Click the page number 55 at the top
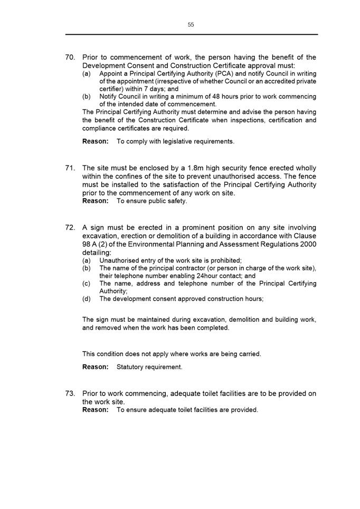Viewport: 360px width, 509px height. tap(191, 25)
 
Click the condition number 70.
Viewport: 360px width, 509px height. tap(71, 57)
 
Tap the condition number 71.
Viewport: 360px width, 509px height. tap(71, 168)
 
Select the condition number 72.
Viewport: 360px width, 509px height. tap(71, 228)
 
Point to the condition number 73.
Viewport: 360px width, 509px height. tap(71, 393)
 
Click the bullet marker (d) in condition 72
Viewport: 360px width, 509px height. tap(87, 299)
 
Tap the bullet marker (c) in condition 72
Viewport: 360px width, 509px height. tap(87, 284)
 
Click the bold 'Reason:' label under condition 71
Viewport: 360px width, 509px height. tap(96, 201)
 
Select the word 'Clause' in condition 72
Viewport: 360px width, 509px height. tap(305, 236)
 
